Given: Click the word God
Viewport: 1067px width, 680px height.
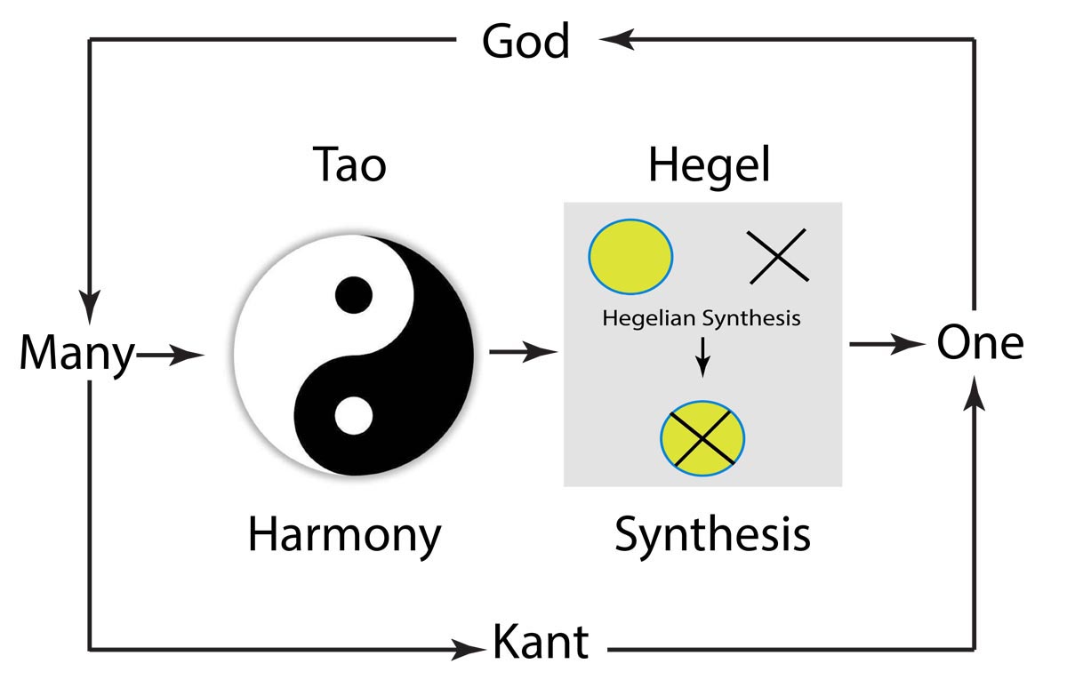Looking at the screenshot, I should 525,41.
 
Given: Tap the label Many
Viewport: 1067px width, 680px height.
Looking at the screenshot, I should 76,354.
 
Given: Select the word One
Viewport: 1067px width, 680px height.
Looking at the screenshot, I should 980,343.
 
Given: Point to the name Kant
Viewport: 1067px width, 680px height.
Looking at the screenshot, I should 540,642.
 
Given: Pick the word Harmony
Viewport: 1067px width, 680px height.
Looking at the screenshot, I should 344,535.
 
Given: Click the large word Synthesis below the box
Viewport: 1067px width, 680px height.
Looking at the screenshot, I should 712,535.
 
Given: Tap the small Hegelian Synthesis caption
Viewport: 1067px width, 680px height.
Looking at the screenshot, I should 702,317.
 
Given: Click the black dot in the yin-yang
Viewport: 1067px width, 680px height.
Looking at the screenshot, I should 352,292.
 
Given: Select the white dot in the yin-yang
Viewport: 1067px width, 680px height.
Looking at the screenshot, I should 352,415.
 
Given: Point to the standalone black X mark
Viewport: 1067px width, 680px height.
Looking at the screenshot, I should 775,256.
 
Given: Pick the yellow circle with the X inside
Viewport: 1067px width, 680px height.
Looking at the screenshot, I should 702,436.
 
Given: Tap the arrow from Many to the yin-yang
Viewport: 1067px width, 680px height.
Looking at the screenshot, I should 171,355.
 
